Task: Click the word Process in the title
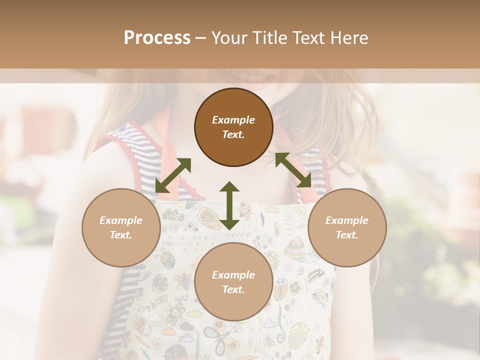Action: click(157, 37)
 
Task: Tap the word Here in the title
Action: click(348, 37)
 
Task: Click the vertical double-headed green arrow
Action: click(229, 205)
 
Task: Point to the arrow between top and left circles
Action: click(173, 175)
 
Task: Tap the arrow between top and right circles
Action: click(293, 170)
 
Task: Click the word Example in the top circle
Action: click(233, 120)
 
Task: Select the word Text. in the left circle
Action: click(121, 235)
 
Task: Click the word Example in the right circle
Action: click(347, 220)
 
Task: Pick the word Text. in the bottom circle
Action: click(233, 289)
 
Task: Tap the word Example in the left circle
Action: click(121, 220)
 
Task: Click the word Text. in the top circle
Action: click(233, 134)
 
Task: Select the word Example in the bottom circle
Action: click(233, 275)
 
